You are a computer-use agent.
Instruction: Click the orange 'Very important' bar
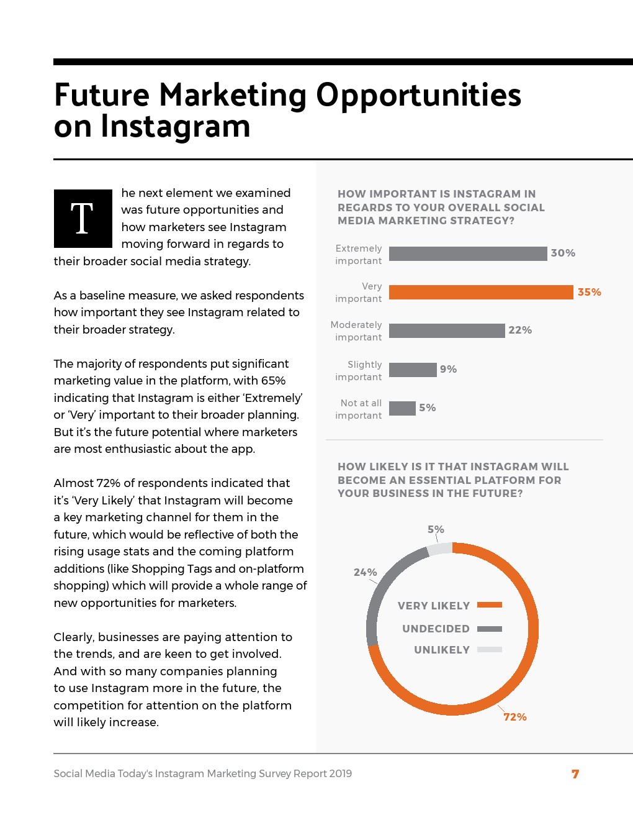click(x=481, y=292)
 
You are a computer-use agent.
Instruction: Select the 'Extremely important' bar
click(x=468, y=253)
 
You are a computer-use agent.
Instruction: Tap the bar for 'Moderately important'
click(x=447, y=330)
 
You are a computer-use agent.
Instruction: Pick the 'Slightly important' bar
click(x=413, y=370)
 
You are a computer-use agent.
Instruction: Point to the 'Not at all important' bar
click(x=402, y=408)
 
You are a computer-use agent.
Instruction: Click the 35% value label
click(x=589, y=292)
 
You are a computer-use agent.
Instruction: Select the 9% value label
click(x=448, y=369)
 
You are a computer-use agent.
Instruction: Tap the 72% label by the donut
click(x=515, y=717)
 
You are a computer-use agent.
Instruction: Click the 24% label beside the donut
click(x=365, y=572)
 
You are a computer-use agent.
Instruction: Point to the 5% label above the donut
click(x=436, y=529)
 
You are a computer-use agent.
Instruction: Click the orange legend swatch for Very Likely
click(x=489, y=605)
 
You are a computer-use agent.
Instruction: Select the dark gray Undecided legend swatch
click(x=489, y=629)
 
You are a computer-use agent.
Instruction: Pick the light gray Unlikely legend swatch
click(x=489, y=650)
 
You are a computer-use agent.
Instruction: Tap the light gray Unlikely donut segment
click(x=440, y=549)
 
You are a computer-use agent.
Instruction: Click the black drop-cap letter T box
click(x=83, y=219)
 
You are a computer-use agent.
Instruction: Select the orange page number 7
click(x=575, y=774)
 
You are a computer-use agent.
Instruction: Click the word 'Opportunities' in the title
click(x=418, y=96)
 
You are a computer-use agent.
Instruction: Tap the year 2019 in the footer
click(x=340, y=773)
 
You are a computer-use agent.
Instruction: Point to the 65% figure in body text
click(x=273, y=381)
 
